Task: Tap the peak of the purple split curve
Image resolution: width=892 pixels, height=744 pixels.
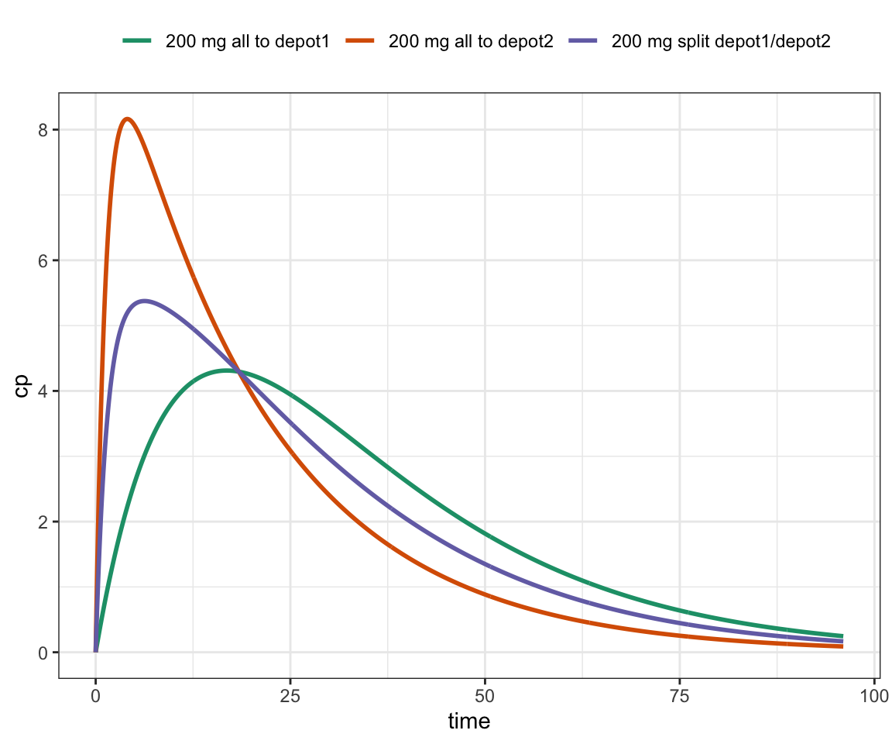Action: [144, 301]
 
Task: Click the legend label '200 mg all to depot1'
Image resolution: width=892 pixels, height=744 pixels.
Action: [247, 42]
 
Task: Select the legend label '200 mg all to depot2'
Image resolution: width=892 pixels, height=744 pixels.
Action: [471, 42]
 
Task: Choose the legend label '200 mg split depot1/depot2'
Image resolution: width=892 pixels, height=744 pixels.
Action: [721, 42]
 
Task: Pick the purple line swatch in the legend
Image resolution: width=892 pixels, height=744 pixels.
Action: [585, 42]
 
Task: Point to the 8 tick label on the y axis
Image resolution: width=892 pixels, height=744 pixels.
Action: [45, 129]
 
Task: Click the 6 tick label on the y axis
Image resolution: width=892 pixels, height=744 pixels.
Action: [45, 260]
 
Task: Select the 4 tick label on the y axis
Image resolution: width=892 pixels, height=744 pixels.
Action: [45, 391]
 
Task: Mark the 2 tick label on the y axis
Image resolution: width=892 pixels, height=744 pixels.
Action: [45, 522]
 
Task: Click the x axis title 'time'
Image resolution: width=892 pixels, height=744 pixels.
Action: [469, 722]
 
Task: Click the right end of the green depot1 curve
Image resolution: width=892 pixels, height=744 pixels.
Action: [842, 635]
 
